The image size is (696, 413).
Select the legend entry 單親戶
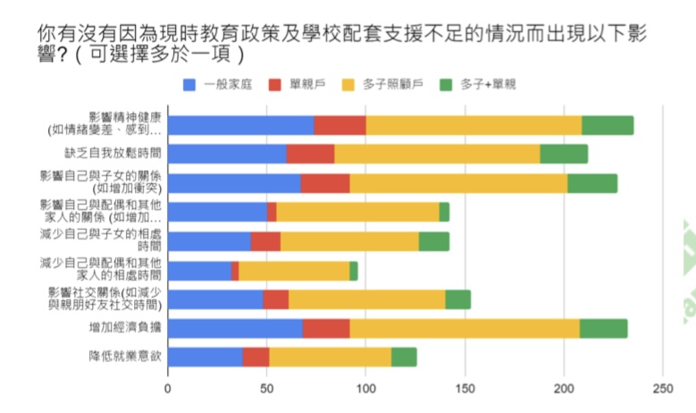(307, 85)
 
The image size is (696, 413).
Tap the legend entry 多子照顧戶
(392, 85)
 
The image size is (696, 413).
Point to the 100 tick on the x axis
(365, 389)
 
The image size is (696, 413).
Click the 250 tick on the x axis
(661, 389)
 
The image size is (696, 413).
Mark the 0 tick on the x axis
(168, 389)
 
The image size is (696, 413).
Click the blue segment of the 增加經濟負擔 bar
(235, 328)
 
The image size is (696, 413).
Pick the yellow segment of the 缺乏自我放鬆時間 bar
(437, 155)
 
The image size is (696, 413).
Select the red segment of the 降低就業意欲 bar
(256, 357)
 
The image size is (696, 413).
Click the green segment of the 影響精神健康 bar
(608, 125)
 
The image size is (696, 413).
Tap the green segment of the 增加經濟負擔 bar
(603, 328)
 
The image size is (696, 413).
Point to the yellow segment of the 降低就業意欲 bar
(330, 357)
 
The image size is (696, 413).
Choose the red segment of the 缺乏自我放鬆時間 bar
(310, 155)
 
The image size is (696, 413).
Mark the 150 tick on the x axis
(464, 389)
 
